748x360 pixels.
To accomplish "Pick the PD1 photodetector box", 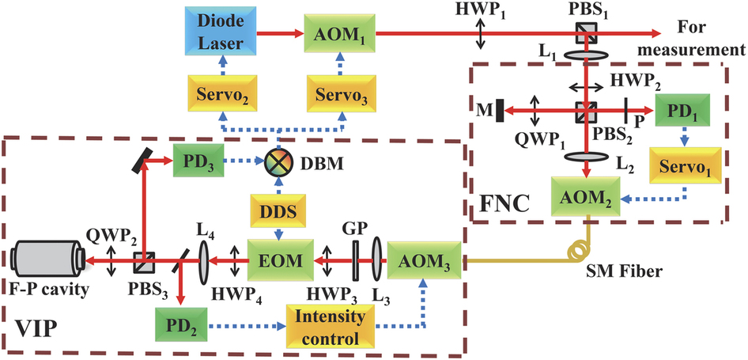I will (x=683, y=109).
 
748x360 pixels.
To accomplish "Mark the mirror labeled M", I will (x=501, y=109).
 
